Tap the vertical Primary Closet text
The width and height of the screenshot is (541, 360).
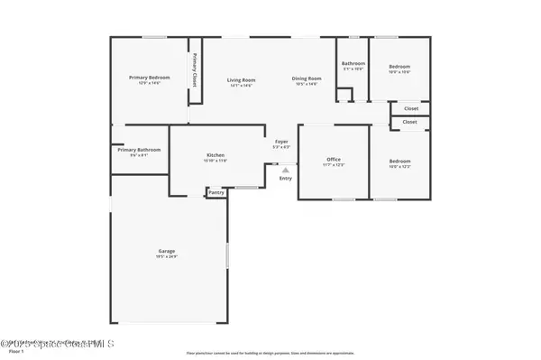tap(195, 70)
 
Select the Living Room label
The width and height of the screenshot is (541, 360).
tap(241, 79)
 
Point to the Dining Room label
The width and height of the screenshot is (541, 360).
tap(306, 79)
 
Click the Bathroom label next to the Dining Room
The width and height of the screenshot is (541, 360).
tap(353, 63)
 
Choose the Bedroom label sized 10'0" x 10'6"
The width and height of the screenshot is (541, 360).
tap(399, 67)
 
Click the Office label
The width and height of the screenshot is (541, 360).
tap(334, 160)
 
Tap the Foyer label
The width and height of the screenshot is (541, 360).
tap(281, 142)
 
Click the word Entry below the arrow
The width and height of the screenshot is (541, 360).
tap(286, 178)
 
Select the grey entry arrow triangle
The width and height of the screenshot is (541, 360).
tap(286, 169)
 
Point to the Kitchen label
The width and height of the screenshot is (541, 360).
tap(215, 155)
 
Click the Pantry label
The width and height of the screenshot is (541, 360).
tap(216, 192)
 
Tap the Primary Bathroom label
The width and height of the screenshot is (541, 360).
tap(139, 149)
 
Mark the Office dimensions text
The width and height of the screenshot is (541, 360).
tap(334, 166)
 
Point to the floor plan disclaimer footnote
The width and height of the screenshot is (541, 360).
tap(270, 354)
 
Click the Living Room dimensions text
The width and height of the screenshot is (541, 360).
tap(241, 86)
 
